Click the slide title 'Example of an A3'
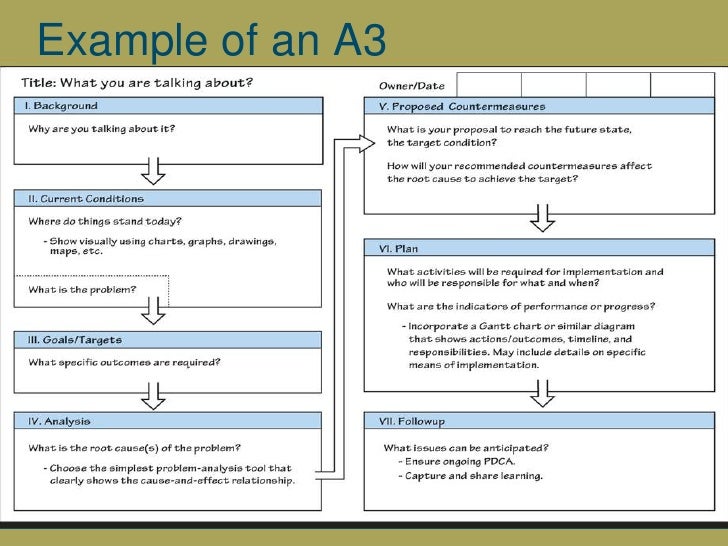click(x=209, y=40)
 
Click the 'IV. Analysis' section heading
click(x=59, y=420)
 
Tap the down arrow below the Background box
click(x=153, y=171)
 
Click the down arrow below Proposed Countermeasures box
click(x=543, y=217)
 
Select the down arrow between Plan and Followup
click(x=543, y=394)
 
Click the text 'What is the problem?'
click(x=82, y=290)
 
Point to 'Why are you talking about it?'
click(x=101, y=129)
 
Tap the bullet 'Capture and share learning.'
click(x=475, y=475)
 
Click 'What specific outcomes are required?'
click(x=124, y=362)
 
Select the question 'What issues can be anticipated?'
click(x=465, y=447)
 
